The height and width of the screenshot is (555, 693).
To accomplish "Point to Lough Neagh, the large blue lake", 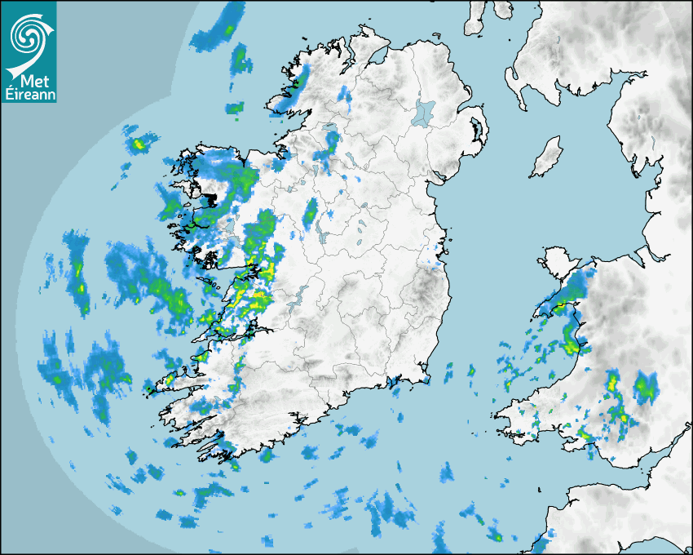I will pyautogui.click(x=424, y=112).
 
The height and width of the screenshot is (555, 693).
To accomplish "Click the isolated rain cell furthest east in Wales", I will pyautogui.click(x=646, y=385).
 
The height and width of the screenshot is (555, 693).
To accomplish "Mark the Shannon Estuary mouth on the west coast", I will pyautogui.click(x=196, y=357).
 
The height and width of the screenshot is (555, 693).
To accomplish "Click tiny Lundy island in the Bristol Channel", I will pyautogui.click(x=540, y=487).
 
